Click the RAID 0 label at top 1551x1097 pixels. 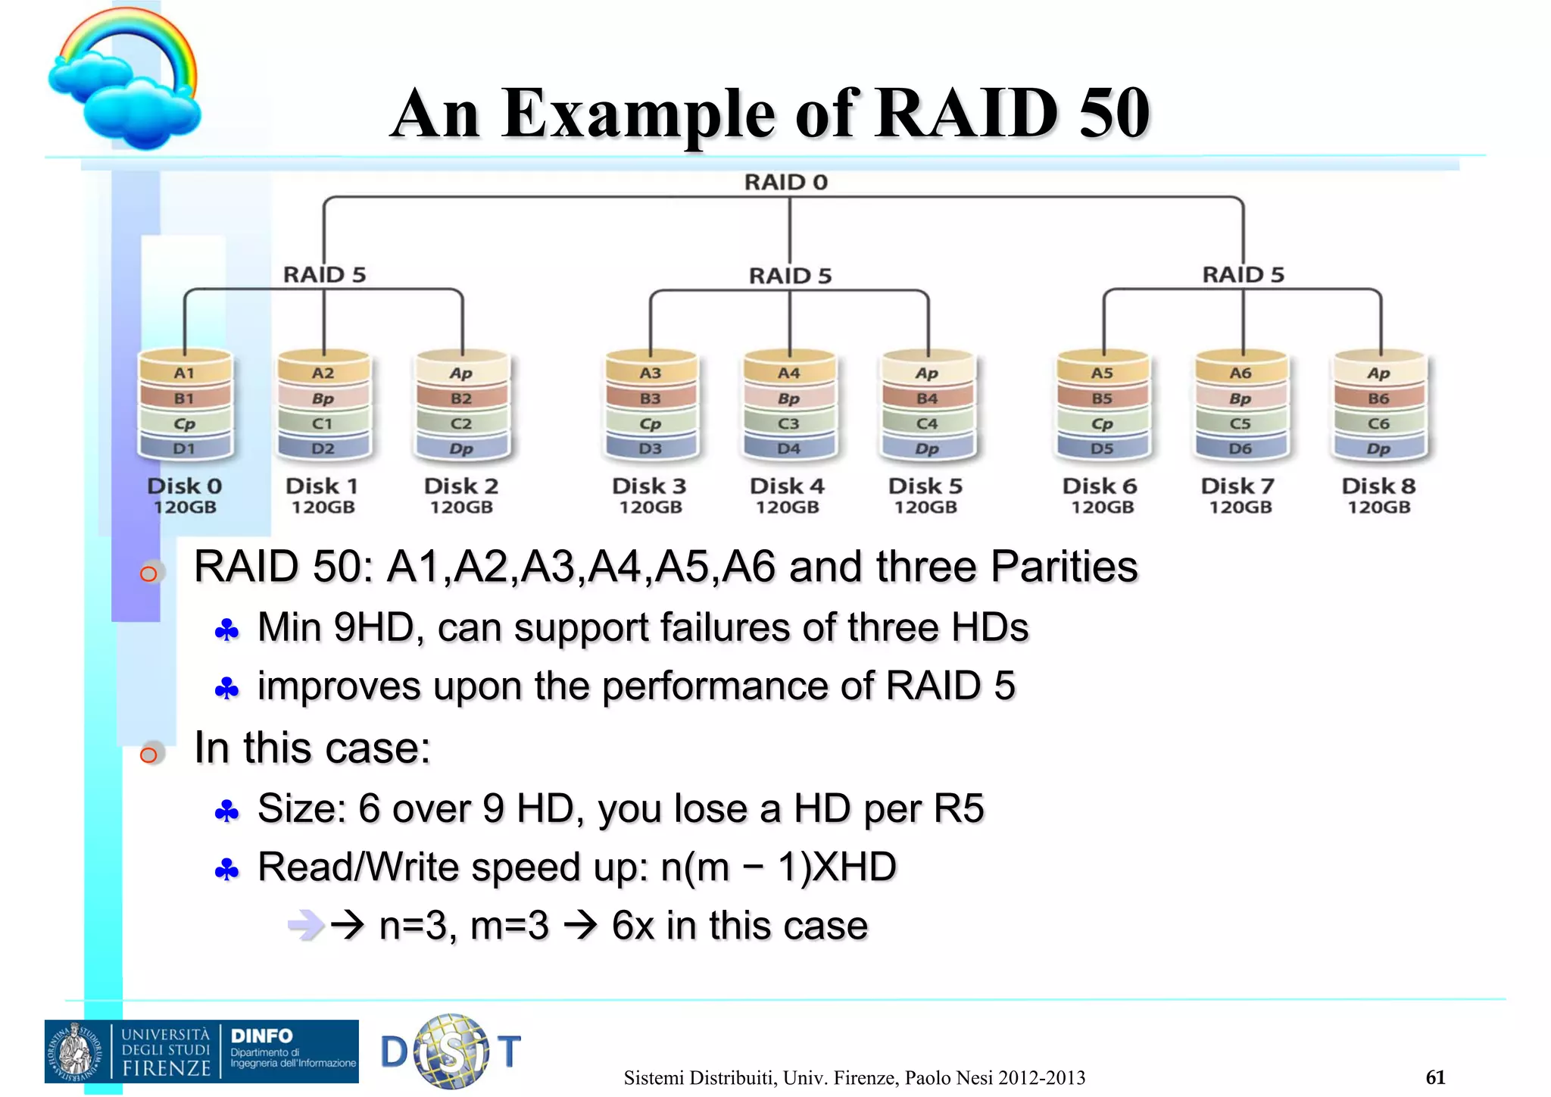(x=785, y=183)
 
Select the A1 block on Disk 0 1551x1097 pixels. (x=184, y=373)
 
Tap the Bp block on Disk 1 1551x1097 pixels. (x=323, y=398)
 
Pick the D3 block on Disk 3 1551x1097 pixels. (x=650, y=448)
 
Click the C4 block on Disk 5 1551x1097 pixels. (x=927, y=423)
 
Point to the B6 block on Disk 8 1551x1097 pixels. (x=1378, y=398)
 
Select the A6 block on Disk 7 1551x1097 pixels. (x=1240, y=373)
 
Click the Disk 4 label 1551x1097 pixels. (x=787, y=486)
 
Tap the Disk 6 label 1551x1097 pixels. (x=1100, y=486)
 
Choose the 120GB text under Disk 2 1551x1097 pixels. (x=461, y=508)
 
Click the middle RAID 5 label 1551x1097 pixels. (x=790, y=276)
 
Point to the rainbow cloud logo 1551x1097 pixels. (x=125, y=80)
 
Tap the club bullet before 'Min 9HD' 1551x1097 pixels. (x=226, y=630)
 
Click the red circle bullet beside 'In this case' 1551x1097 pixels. (x=149, y=755)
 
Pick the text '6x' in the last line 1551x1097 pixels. (x=633, y=926)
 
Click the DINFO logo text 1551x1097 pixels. (x=261, y=1036)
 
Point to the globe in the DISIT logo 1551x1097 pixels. (x=452, y=1052)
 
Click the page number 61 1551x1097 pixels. (x=1435, y=1077)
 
